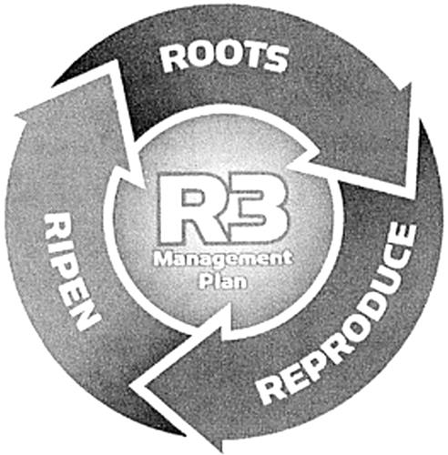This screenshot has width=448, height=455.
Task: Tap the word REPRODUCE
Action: [x=337, y=316]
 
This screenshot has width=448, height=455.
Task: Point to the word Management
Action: [x=223, y=259]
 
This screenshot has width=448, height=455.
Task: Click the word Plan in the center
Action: [x=223, y=281]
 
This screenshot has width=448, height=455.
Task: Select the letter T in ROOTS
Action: [x=252, y=57]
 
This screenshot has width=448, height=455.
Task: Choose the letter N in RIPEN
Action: [x=85, y=316]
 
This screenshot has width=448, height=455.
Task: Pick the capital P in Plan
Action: [x=204, y=281]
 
